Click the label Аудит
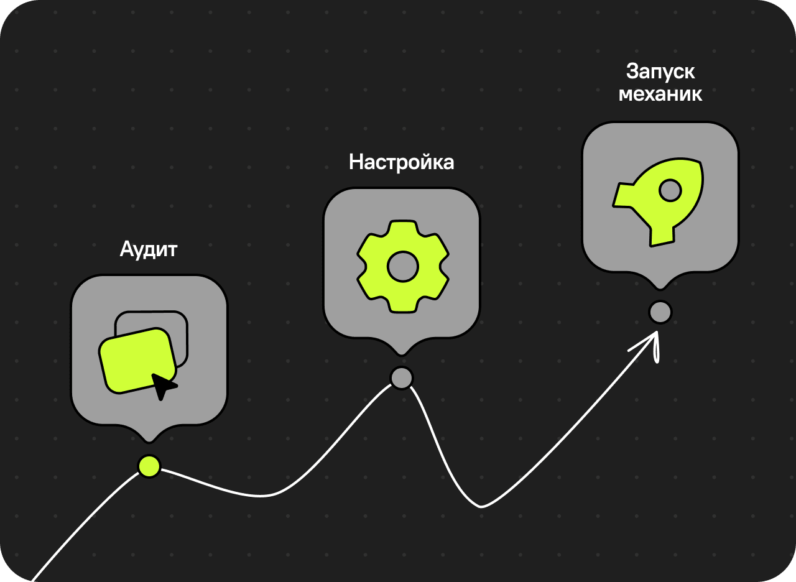tap(149, 250)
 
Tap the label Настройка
tap(401, 162)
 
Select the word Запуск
tap(660, 72)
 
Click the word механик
tap(660, 94)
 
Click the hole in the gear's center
tap(402, 267)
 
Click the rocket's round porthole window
tap(670, 190)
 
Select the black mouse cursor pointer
tap(164, 386)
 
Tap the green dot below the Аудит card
tap(149, 466)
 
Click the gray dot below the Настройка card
tap(402, 378)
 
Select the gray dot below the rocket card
tap(660, 312)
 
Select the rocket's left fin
tap(622, 195)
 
